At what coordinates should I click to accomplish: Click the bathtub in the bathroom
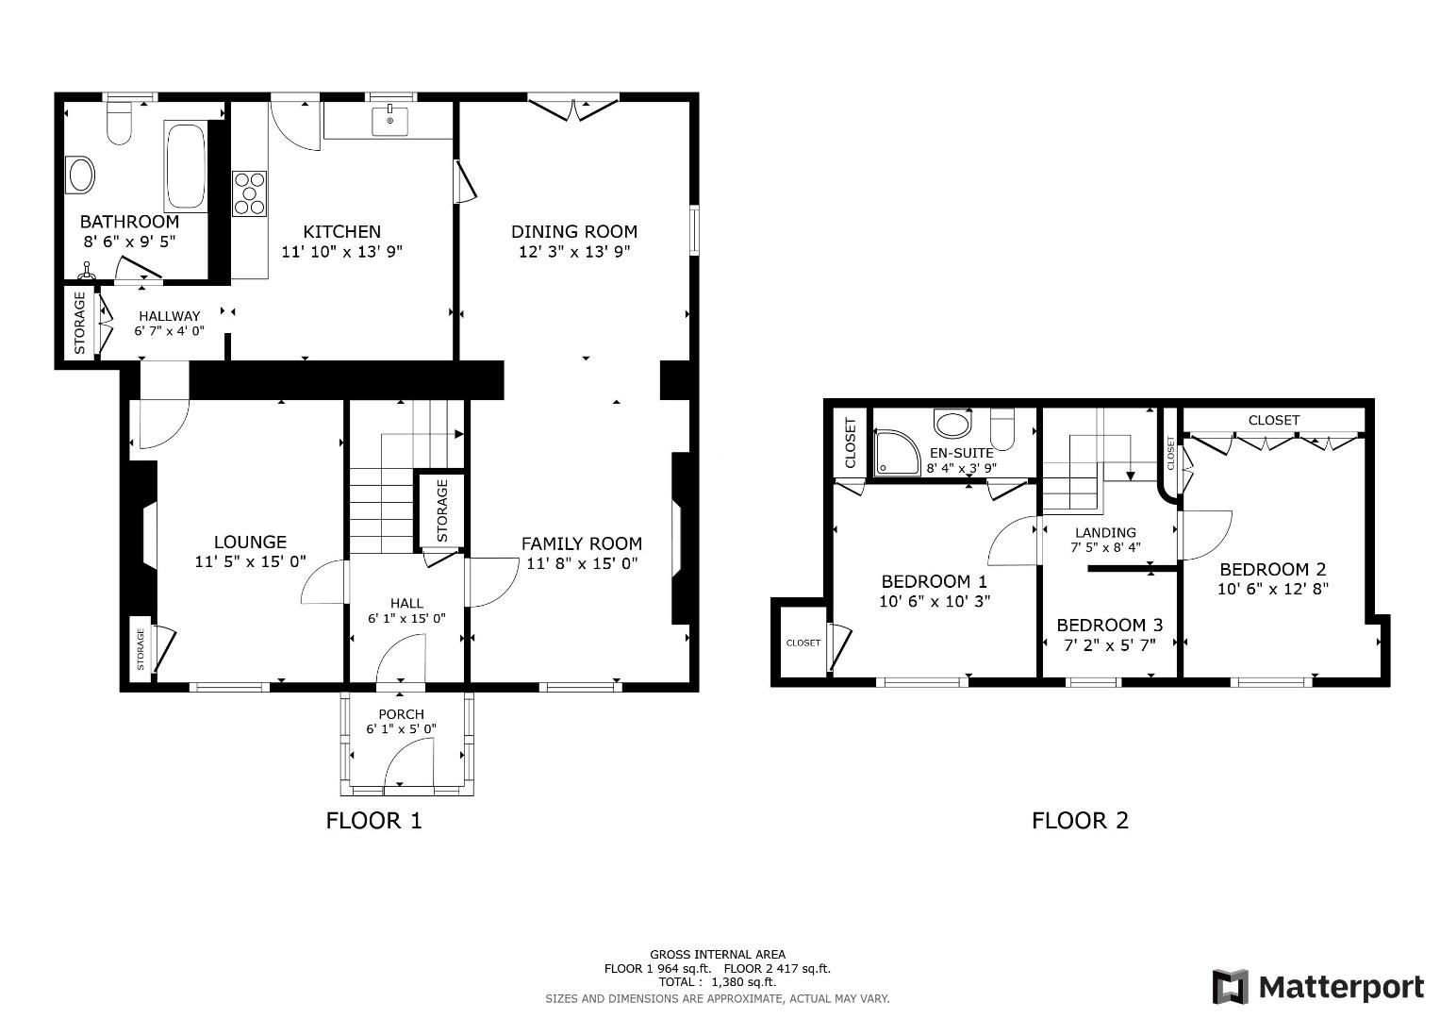[186, 166]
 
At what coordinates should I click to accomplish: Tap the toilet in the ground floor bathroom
[119, 124]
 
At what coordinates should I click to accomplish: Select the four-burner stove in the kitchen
[249, 193]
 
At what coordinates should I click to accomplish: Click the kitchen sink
[389, 122]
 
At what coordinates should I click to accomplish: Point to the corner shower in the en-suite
[897, 452]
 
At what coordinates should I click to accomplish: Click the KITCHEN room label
[342, 231]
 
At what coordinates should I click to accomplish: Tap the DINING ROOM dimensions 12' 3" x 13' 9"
[574, 252]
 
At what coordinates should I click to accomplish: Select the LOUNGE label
[250, 542]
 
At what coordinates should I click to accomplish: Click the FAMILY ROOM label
[582, 543]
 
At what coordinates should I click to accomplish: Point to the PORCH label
[401, 714]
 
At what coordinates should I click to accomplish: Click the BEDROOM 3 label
[1110, 625]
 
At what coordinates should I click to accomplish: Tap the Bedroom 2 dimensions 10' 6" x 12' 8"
[1273, 589]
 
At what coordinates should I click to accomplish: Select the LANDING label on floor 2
[1106, 533]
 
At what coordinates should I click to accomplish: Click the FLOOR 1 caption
[373, 820]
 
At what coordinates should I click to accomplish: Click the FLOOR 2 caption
[1080, 820]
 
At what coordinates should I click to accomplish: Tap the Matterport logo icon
[1231, 987]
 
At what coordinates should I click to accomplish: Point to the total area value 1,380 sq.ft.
[743, 982]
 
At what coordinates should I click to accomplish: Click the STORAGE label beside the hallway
[80, 323]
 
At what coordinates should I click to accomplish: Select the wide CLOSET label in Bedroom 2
[1274, 420]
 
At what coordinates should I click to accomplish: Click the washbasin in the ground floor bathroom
[82, 175]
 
